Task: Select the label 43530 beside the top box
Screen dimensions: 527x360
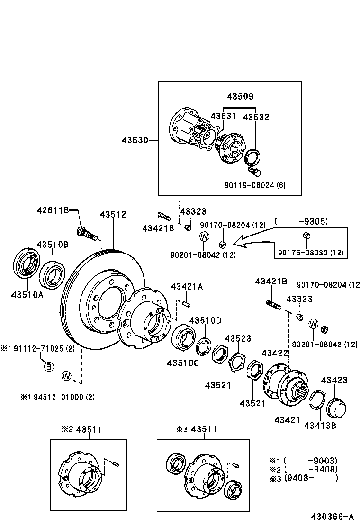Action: click(x=135, y=140)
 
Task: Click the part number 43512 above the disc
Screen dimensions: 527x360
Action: click(x=113, y=214)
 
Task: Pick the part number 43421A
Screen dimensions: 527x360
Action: click(x=187, y=286)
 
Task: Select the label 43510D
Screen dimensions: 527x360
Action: click(x=206, y=320)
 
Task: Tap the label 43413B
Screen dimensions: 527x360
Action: click(x=320, y=425)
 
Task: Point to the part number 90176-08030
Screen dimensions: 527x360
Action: click(x=310, y=252)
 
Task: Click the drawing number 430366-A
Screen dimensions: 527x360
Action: click(x=332, y=517)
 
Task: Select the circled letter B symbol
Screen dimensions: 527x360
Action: click(x=48, y=366)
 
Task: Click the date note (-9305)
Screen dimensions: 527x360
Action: click(x=301, y=221)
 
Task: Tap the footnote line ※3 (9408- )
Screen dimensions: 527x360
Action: click(x=303, y=478)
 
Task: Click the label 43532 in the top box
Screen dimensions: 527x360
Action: click(x=256, y=117)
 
